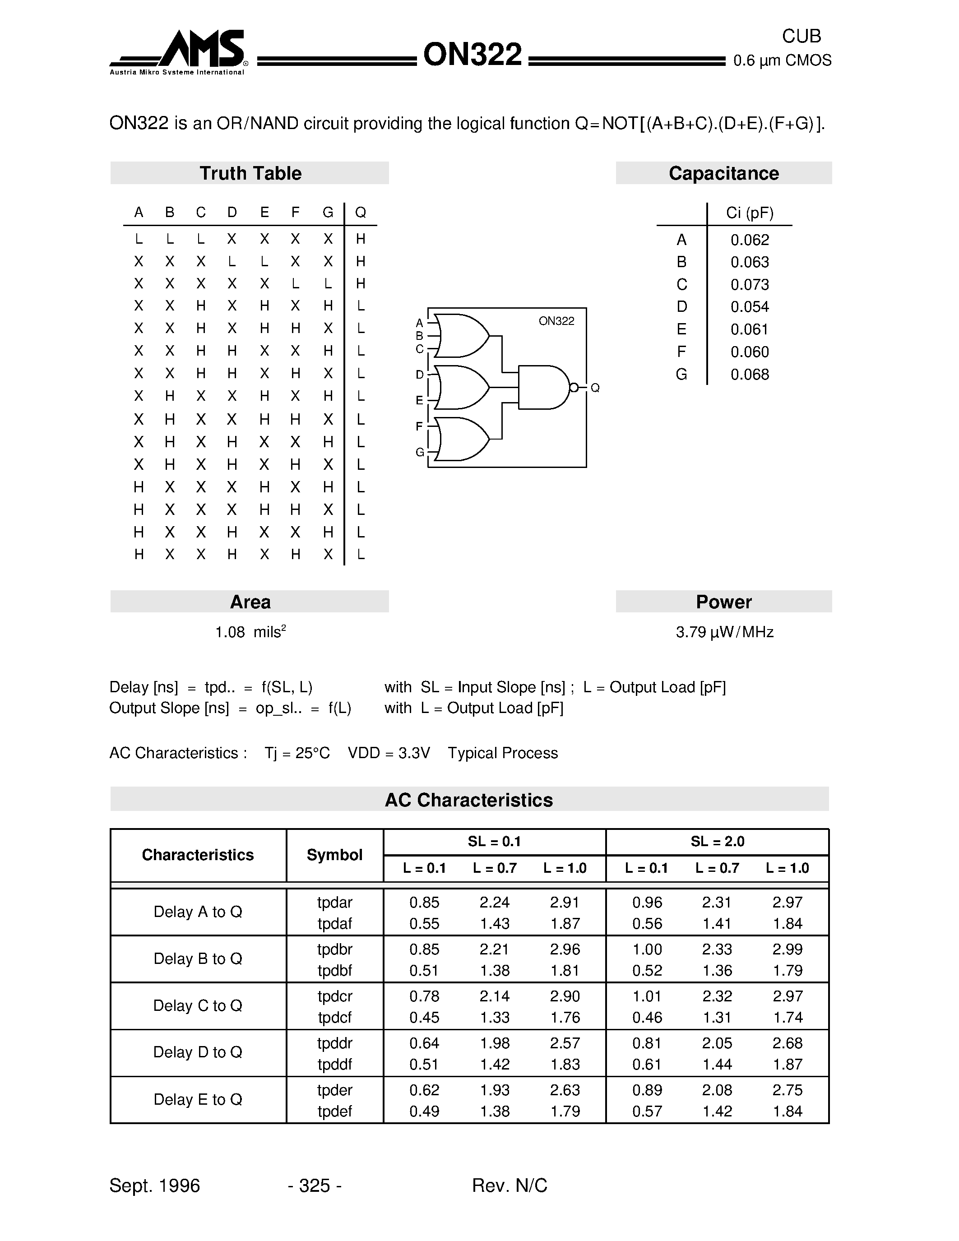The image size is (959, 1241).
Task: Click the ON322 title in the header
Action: click(x=472, y=55)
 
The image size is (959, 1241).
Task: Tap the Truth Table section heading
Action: click(x=250, y=173)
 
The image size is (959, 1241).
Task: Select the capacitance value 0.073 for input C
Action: click(x=749, y=285)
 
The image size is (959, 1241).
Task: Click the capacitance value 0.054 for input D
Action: click(x=749, y=307)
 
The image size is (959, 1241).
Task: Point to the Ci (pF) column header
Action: click(x=749, y=213)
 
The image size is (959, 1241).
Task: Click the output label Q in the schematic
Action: click(x=595, y=388)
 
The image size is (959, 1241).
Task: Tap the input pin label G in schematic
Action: click(x=420, y=452)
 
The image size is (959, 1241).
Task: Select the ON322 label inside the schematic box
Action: click(x=556, y=321)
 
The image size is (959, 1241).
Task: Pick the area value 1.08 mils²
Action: click(x=250, y=632)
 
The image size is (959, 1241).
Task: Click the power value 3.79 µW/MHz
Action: click(x=724, y=632)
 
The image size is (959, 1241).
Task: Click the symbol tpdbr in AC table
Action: click(x=334, y=949)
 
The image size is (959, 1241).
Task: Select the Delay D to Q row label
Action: click(x=198, y=1052)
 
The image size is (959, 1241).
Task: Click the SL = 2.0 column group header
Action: click(x=717, y=842)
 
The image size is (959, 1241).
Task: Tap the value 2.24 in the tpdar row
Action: click(x=494, y=903)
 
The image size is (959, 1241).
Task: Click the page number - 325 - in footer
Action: click(x=314, y=1185)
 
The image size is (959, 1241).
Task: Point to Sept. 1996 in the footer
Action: click(x=154, y=1185)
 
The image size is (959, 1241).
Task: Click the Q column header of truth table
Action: click(x=360, y=213)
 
